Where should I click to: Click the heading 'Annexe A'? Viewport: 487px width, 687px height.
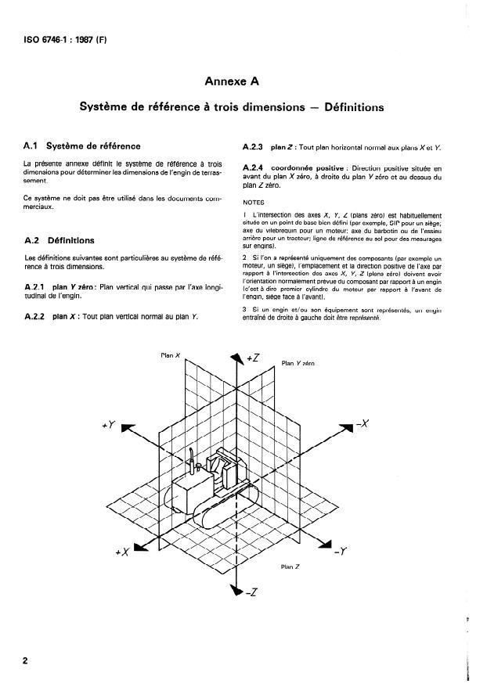click(232, 81)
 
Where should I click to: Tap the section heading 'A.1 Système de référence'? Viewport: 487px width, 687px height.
click(82, 146)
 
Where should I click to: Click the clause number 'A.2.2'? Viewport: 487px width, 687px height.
click(39, 317)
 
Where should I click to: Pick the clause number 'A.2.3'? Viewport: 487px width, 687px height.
click(256, 146)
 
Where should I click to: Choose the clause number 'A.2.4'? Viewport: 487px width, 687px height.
click(256, 168)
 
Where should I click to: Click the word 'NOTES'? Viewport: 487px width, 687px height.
click(254, 202)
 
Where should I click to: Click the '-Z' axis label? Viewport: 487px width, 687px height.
click(251, 592)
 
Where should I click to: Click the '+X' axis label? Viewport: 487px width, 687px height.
click(121, 552)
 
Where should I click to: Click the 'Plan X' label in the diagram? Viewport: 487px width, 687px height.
click(171, 355)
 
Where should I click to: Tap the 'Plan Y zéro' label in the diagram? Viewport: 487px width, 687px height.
click(298, 363)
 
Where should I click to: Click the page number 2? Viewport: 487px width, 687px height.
click(26, 661)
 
